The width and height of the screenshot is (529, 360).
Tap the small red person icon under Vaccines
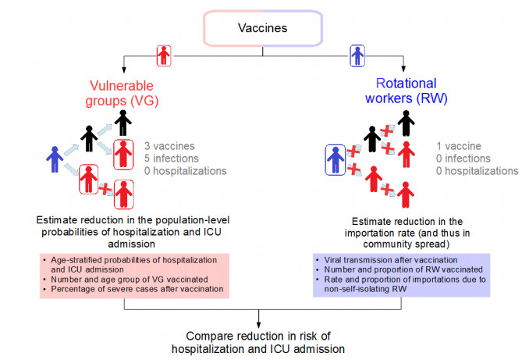[163, 55]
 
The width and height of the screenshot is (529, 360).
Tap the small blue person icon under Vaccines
[357, 55]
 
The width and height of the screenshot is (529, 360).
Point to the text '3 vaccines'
[169, 146]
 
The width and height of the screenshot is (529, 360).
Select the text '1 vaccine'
[459, 146]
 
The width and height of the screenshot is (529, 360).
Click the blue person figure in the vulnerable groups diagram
[55, 160]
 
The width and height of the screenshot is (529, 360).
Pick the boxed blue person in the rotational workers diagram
[336, 160]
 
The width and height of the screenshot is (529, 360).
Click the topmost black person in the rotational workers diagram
[403, 123]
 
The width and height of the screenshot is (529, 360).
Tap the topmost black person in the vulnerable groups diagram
[122, 123]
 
